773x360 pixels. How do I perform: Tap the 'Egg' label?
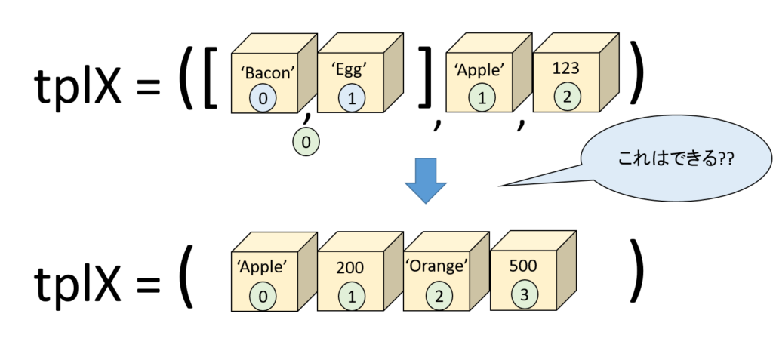pyautogui.click(x=349, y=70)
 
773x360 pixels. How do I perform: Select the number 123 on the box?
pyautogui.click(x=565, y=69)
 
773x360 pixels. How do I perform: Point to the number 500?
pyautogui.click(x=523, y=266)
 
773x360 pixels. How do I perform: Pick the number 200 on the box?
pyautogui.click(x=350, y=267)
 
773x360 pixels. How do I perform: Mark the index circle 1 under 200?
pyautogui.click(x=351, y=296)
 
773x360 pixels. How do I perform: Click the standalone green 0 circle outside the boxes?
pyautogui.click(x=305, y=141)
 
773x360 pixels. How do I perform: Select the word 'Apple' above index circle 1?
pyautogui.click(x=479, y=71)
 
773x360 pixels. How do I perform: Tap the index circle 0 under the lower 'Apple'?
pyautogui.click(x=263, y=296)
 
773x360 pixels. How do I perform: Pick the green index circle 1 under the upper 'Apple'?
pyautogui.click(x=480, y=97)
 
